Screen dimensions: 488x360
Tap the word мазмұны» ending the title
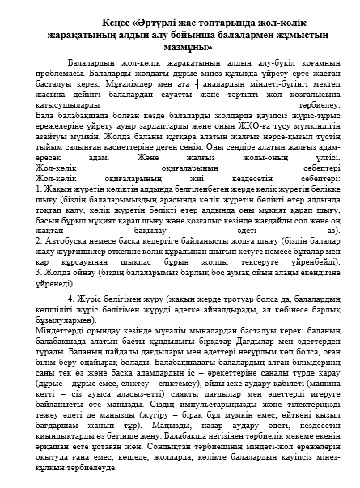point(179,48)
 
